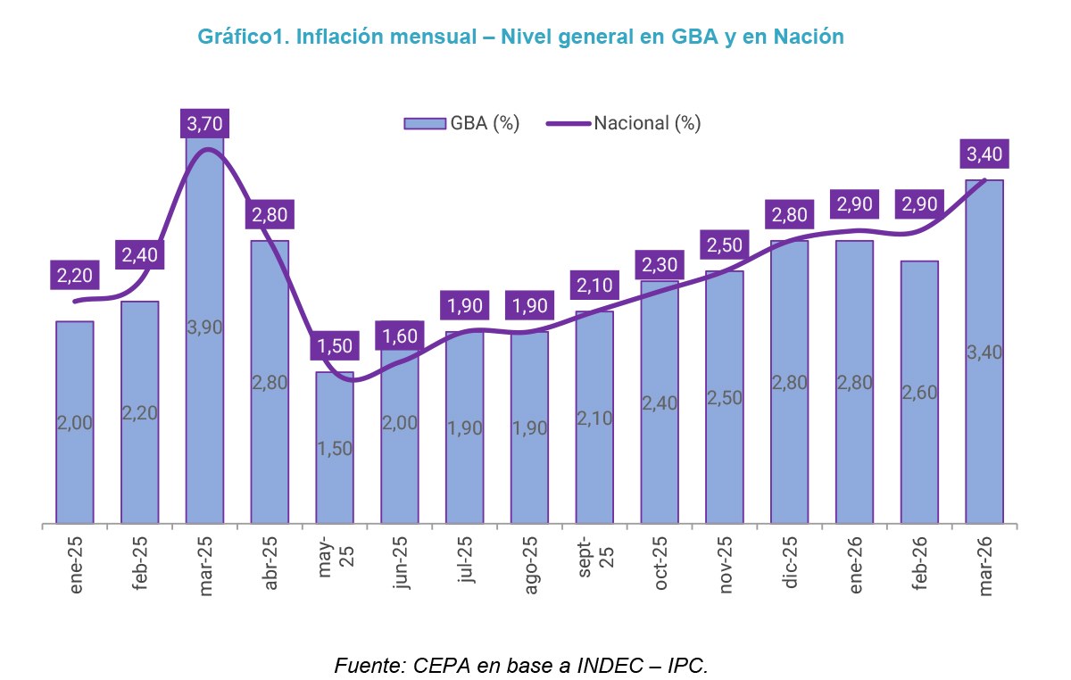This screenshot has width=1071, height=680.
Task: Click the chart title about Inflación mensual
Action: pos(520,37)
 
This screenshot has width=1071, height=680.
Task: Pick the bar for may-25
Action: pos(335,447)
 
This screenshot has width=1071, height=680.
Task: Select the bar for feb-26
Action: pos(919,392)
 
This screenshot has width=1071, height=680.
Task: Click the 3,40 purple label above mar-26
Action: pos(984,154)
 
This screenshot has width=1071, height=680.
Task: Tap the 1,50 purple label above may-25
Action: pos(335,345)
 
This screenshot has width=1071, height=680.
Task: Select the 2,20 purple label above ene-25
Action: pos(75,276)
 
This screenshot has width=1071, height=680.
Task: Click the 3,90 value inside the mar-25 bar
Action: pos(204,327)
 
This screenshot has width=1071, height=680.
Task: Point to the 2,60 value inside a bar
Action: pos(919,392)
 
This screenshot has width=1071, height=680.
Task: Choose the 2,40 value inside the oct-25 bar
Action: pos(660,402)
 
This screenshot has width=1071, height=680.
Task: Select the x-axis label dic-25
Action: pos(791,566)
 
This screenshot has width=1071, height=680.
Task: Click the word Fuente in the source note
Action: pos(368,665)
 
